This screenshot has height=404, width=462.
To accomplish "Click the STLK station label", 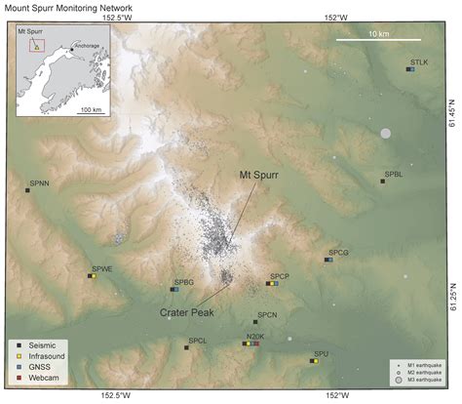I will [419, 62].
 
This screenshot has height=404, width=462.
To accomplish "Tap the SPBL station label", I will [393, 174].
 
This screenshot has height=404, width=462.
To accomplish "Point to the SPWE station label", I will [102, 268].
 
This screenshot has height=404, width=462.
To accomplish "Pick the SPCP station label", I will [280, 276].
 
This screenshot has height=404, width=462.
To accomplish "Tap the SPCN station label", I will [266, 314].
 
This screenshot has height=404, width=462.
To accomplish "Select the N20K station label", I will [252, 337].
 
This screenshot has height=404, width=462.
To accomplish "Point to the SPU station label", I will [320, 353].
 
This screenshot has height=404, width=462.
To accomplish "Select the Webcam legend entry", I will [43, 376].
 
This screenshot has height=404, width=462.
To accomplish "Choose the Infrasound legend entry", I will [47, 354].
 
